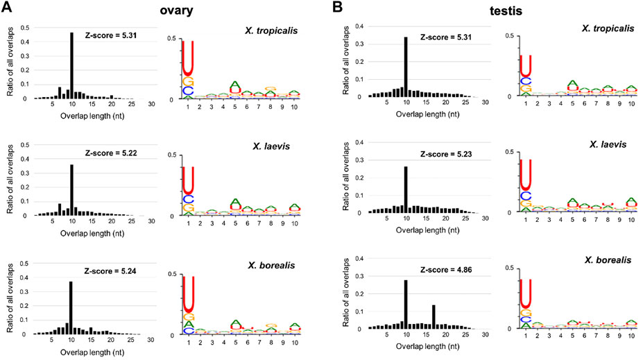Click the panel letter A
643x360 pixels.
point(8,10)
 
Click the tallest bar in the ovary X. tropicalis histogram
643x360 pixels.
point(71,65)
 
